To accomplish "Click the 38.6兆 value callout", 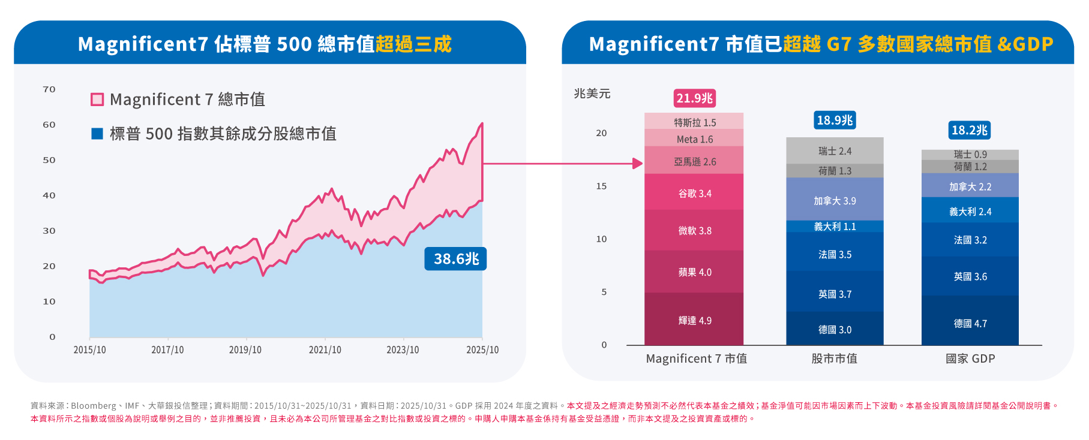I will (x=455, y=259).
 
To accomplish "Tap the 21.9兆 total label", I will (x=694, y=98).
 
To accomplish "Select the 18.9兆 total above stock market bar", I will (x=835, y=120).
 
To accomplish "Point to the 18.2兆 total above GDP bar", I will (x=970, y=130).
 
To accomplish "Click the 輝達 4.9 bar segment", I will (x=694, y=320).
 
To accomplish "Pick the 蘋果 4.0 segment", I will (x=694, y=272).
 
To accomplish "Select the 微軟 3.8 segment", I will (x=694, y=231).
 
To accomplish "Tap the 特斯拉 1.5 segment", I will (x=694, y=122).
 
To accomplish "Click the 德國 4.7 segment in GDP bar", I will (x=970, y=323).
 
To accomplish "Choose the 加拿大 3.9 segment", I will (x=835, y=201).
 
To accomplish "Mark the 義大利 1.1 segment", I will (x=835, y=227).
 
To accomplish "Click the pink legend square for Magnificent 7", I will (x=97, y=100).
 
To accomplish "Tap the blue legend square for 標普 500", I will (x=97, y=134).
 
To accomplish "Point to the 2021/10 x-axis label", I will (x=325, y=350).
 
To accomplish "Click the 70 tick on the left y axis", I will (x=49, y=89).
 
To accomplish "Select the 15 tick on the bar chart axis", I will (x=601, y=186).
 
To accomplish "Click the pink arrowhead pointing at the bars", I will (x=638, y=163).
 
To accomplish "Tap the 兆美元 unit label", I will (x=592, y=94).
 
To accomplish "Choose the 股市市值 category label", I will (x=834, y=358).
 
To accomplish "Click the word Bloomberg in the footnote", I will (x=94, y=406).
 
